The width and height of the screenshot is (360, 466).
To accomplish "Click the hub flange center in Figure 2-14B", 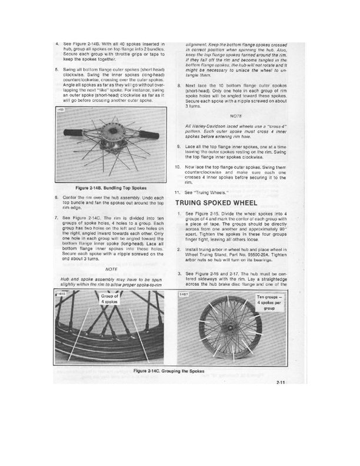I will tap(108, 127).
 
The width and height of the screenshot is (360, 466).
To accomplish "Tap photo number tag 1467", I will tap(184, 293).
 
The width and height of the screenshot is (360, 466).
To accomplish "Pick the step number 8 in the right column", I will tap(178, 85).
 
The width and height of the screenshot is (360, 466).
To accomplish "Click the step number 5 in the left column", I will tap(56, 69).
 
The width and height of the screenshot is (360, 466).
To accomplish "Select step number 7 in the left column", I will tap(56, 217).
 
